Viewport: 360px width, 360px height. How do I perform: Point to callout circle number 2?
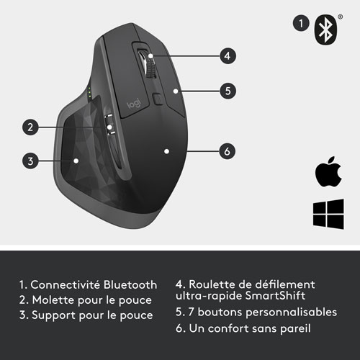coord(30,127)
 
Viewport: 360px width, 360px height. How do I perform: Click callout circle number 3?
coord(30,161)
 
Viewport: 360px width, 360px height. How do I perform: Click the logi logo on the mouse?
coord(135,106)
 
